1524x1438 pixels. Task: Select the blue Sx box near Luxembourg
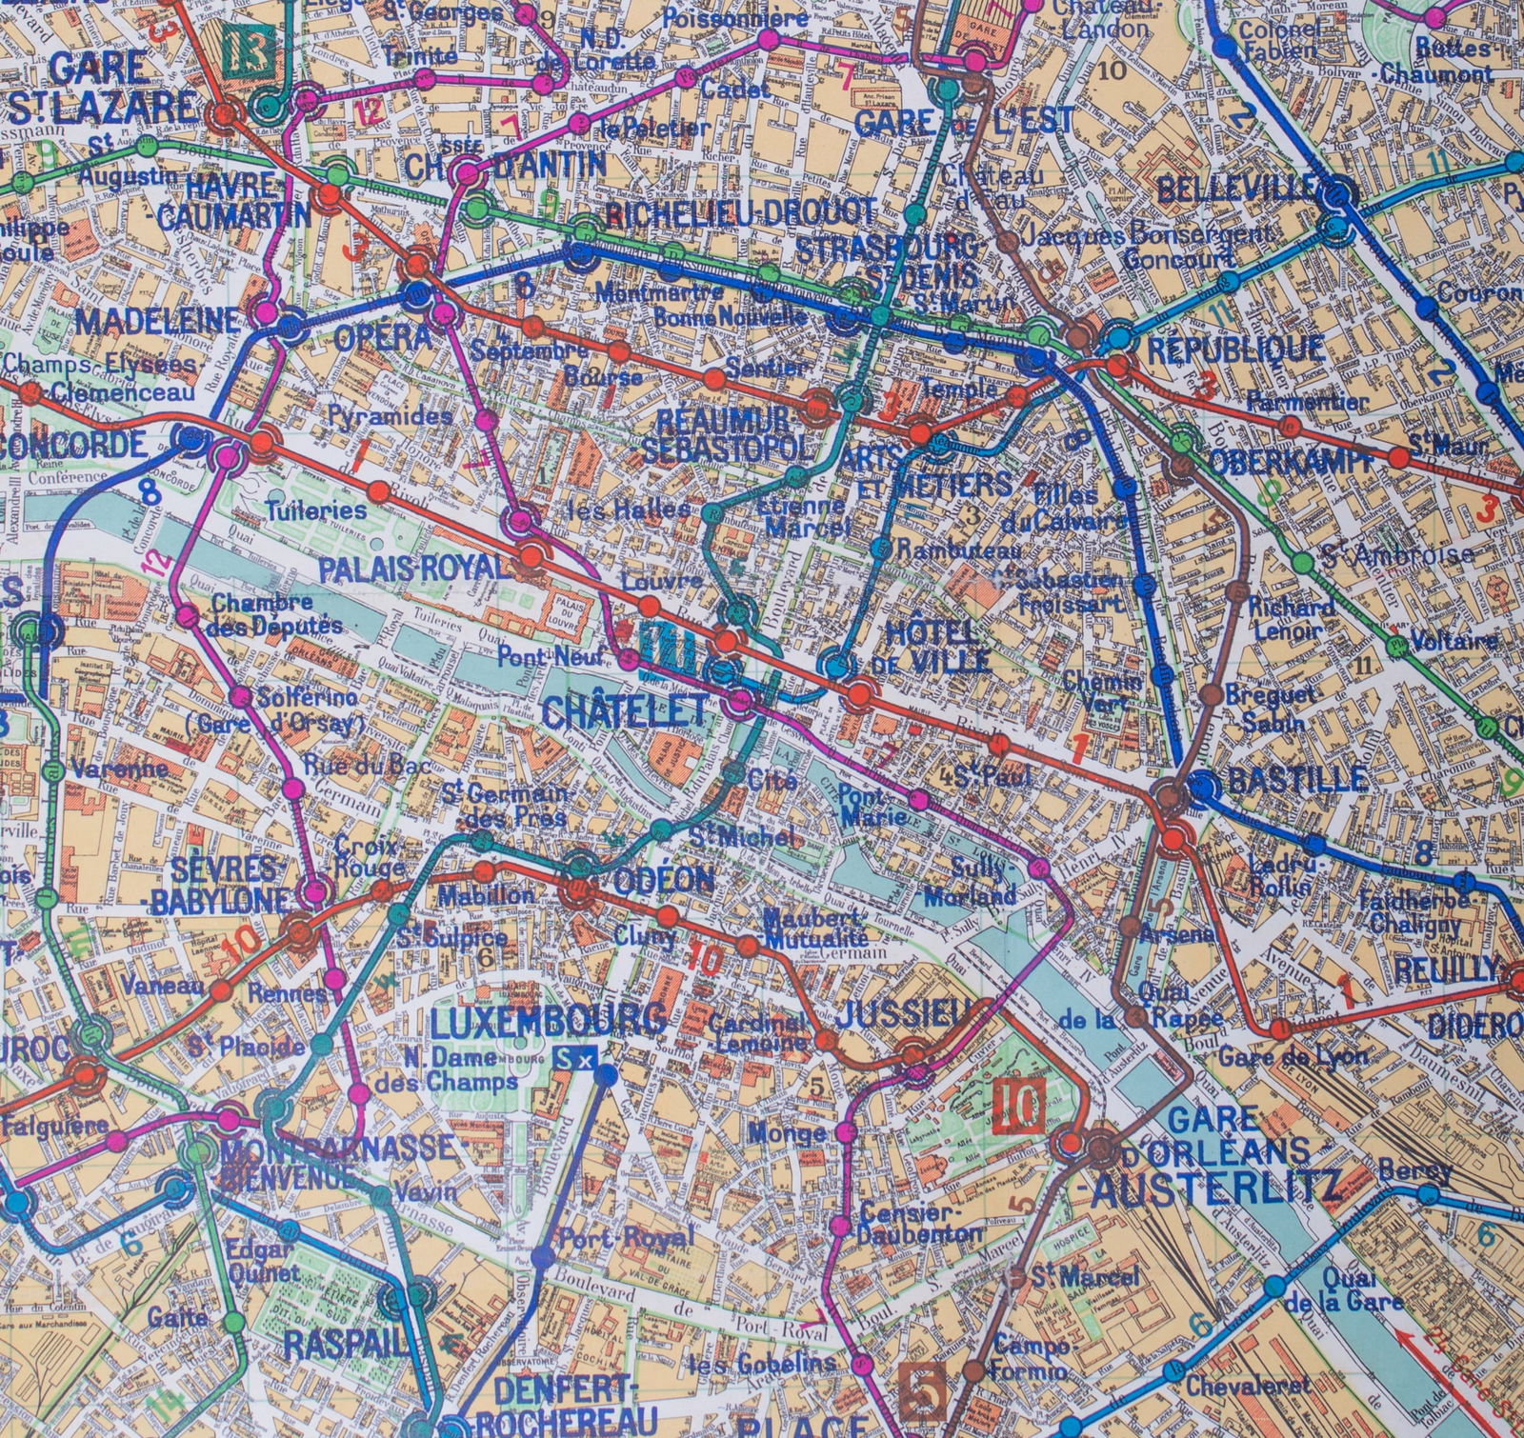point(575,1058)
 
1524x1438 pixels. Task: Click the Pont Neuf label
point(534,655)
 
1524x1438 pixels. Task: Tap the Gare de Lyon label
point(1293,1055)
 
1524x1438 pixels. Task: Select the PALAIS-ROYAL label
point(410,569)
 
